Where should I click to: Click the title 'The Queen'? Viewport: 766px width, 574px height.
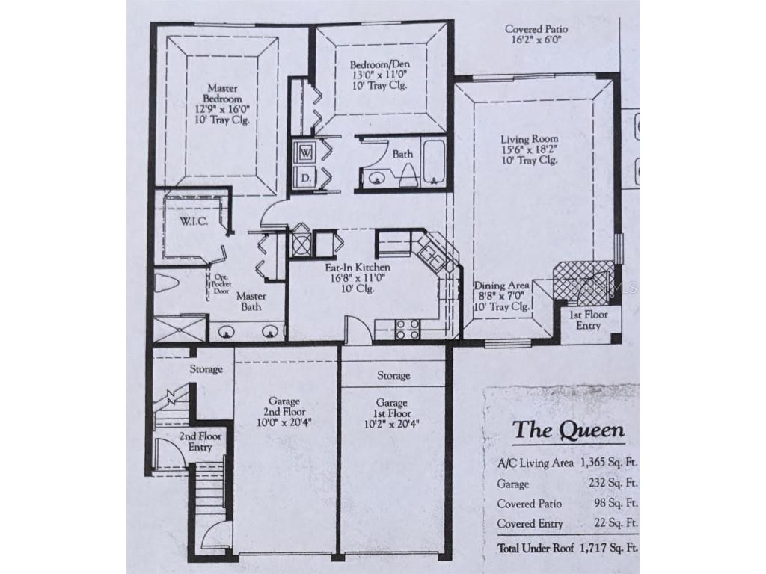click(x=568, y=430)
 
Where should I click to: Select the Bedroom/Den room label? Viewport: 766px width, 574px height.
click(x=379, y=74)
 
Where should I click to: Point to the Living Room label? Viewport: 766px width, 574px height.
click(x=529, y=149)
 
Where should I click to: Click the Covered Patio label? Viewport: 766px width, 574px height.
click(x=533, y=34)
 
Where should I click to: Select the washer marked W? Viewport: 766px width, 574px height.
click(x=307, y=152)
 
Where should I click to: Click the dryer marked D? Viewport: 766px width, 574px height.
click(x=306, y=178)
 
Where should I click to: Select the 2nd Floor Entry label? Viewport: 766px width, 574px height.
click(x=194, y=442)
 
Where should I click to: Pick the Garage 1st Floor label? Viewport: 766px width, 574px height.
click(x=393, y=412)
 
